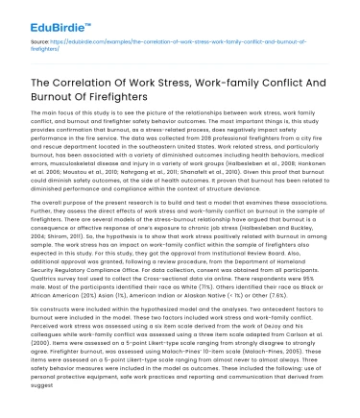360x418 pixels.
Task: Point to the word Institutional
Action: [235, 272]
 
